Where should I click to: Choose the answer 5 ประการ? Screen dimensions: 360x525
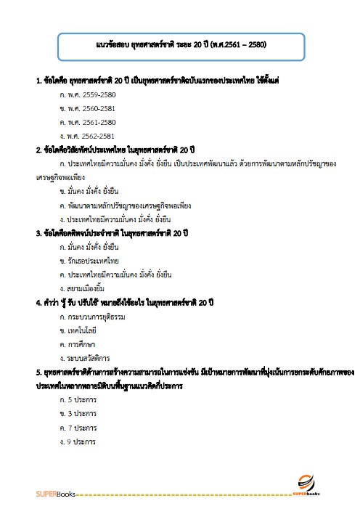click(x=79, y=400)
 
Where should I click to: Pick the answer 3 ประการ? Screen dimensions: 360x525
click(x=79, y=414)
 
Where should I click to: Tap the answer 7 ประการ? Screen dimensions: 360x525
click(x=79, y=428)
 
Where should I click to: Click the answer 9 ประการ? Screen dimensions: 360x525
click(x=79, y=441)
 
